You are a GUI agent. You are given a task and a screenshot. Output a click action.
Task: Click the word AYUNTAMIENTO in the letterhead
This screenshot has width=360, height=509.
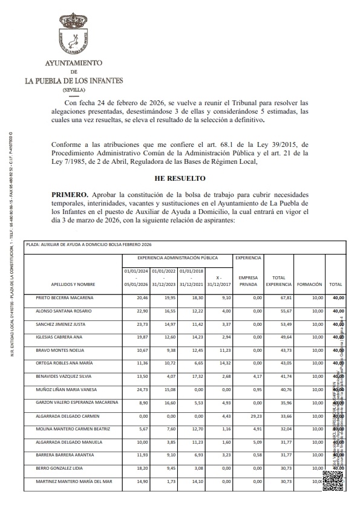(73, 63)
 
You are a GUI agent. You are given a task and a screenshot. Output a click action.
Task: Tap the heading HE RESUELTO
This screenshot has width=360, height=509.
(180, 178)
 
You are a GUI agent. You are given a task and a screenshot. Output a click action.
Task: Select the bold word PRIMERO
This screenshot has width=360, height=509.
(70, 195)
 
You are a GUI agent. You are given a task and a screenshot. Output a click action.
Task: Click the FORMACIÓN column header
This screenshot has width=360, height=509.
(309, 284)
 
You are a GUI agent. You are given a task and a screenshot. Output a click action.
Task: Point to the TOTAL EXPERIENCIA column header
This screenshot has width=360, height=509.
(279, 280)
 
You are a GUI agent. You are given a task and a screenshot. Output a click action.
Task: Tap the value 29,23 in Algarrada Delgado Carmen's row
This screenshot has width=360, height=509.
(255, 417)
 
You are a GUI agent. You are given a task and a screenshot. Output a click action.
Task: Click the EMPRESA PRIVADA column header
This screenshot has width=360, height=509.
(248, 280)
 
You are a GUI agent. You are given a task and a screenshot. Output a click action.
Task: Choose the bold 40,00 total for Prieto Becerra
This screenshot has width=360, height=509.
(338, 298)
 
